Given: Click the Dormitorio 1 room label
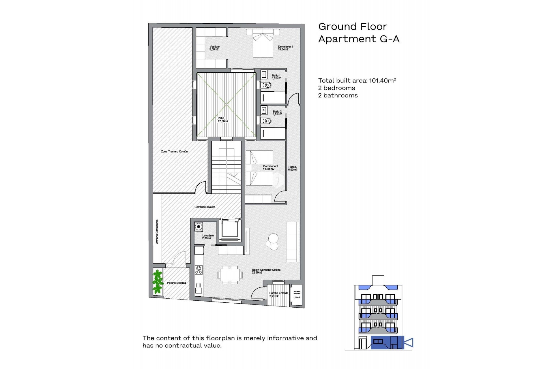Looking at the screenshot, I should coord(285,48).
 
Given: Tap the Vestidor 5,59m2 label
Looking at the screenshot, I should coord(214,48).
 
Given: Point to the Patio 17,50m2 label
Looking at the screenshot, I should coord(223,120).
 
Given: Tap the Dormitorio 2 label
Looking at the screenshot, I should coord(270,167).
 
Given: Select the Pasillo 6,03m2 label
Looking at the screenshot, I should coord(292,168).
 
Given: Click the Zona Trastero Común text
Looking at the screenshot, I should coord(174,151).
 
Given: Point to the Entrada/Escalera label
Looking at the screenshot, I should coord(205,207).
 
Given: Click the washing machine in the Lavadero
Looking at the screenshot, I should coord(199,227).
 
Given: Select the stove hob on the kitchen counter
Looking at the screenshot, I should coord(199,270).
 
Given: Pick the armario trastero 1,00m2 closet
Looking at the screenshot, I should coord(297,295).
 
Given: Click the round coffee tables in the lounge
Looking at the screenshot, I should coord(272,242).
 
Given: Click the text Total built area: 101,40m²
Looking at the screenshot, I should coord(357,81).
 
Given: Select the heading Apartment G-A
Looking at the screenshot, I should coord(359,39).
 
